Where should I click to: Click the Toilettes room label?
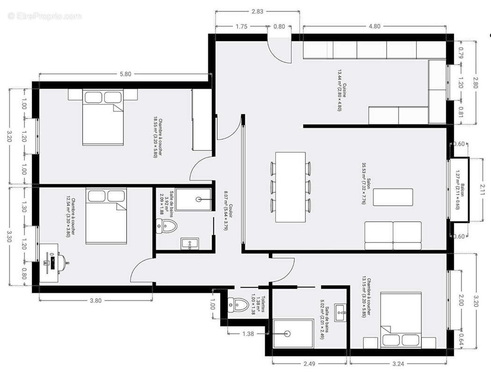tap(261, 305)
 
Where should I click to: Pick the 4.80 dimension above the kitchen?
tap(374, 27)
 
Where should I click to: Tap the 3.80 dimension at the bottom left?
tap(95, 301)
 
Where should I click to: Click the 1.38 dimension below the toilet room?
tap(248, 333)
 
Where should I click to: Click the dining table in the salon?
tap(290, 187)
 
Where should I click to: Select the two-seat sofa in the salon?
tap(393, 236)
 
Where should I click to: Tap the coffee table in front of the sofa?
tap(396, 197)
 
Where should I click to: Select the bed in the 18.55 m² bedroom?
tap(104, 117)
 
